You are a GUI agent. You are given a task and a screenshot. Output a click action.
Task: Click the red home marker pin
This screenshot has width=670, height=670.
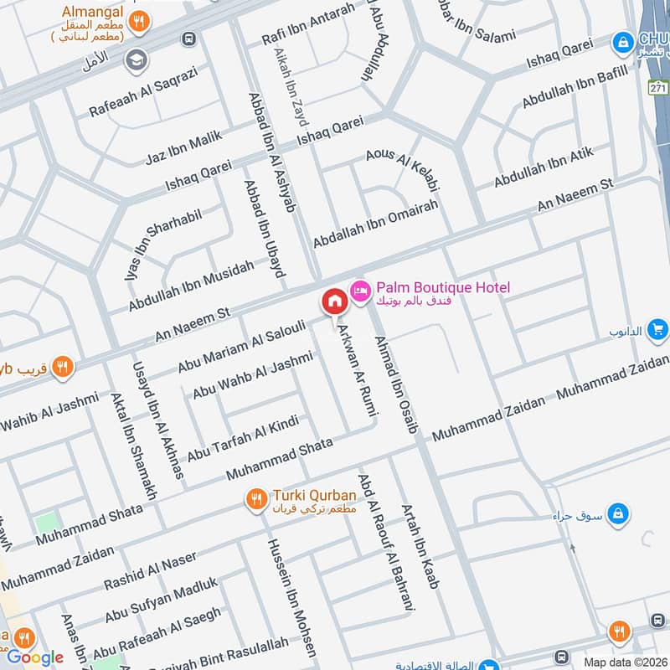(x=333, y=301)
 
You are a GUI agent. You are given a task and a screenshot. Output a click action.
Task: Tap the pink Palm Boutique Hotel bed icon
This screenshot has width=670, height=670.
(x=359, y=288)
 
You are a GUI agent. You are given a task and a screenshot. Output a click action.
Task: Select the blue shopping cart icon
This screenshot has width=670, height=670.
(x=658, y=329)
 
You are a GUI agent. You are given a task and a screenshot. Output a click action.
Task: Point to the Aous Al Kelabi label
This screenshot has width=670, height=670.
(x=403, y=168)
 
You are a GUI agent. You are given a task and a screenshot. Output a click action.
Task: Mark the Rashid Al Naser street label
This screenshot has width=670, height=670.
(x=150, y=569)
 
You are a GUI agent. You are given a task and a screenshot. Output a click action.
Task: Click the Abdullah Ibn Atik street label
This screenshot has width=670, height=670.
(x=544, y=167)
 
